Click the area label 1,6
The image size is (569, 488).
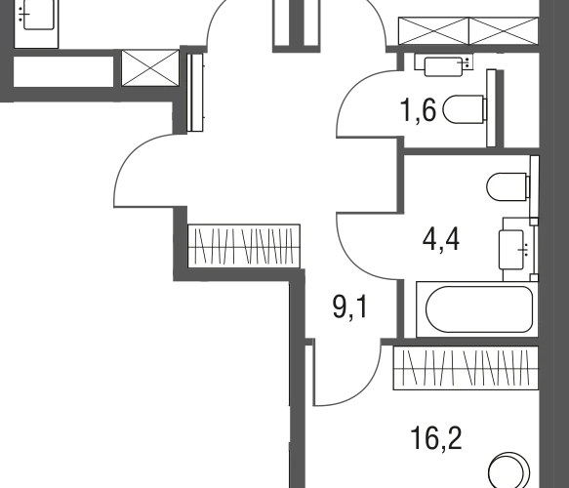point(418,110)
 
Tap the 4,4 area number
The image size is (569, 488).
point(441,239)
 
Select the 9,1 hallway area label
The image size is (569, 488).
point(350,307)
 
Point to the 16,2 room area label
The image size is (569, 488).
point(436,438)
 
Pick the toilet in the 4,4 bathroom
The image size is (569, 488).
point(508,186)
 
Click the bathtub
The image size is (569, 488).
point(477,309)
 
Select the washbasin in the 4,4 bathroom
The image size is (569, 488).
point(516,250)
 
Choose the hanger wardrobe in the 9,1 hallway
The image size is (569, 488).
point(244,246)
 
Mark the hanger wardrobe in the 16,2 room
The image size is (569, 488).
point(466,368)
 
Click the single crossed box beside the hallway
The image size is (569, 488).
point(150,68)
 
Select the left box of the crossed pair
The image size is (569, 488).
point(433,31)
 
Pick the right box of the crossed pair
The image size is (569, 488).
point(504,31)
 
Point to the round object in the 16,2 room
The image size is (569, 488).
point(508,471)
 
